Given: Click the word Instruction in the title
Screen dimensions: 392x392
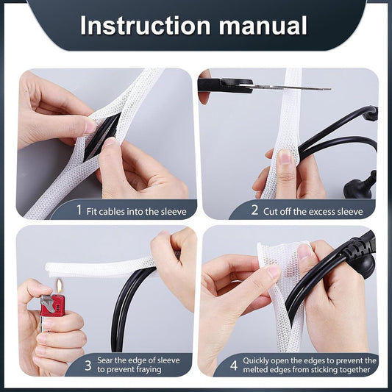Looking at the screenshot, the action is point(145,26).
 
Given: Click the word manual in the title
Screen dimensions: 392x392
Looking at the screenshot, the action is point(263,26).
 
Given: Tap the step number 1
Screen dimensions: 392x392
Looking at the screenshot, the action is point(79,210).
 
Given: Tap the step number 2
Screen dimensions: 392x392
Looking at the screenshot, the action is point(254,210).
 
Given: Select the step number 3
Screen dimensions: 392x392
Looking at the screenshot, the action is point(88,366).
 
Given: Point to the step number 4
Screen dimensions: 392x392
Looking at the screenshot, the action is point(234,366).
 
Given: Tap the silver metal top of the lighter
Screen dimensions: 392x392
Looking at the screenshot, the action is point(48,303).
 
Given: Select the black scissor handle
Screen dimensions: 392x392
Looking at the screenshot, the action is point(224,85).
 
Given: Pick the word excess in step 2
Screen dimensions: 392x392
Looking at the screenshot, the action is point(321,212).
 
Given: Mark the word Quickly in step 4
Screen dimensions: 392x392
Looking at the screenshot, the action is point(256,361).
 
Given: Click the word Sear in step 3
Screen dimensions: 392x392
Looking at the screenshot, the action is point(104,360).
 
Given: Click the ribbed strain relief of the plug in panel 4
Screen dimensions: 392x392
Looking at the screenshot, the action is point(353,249).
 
